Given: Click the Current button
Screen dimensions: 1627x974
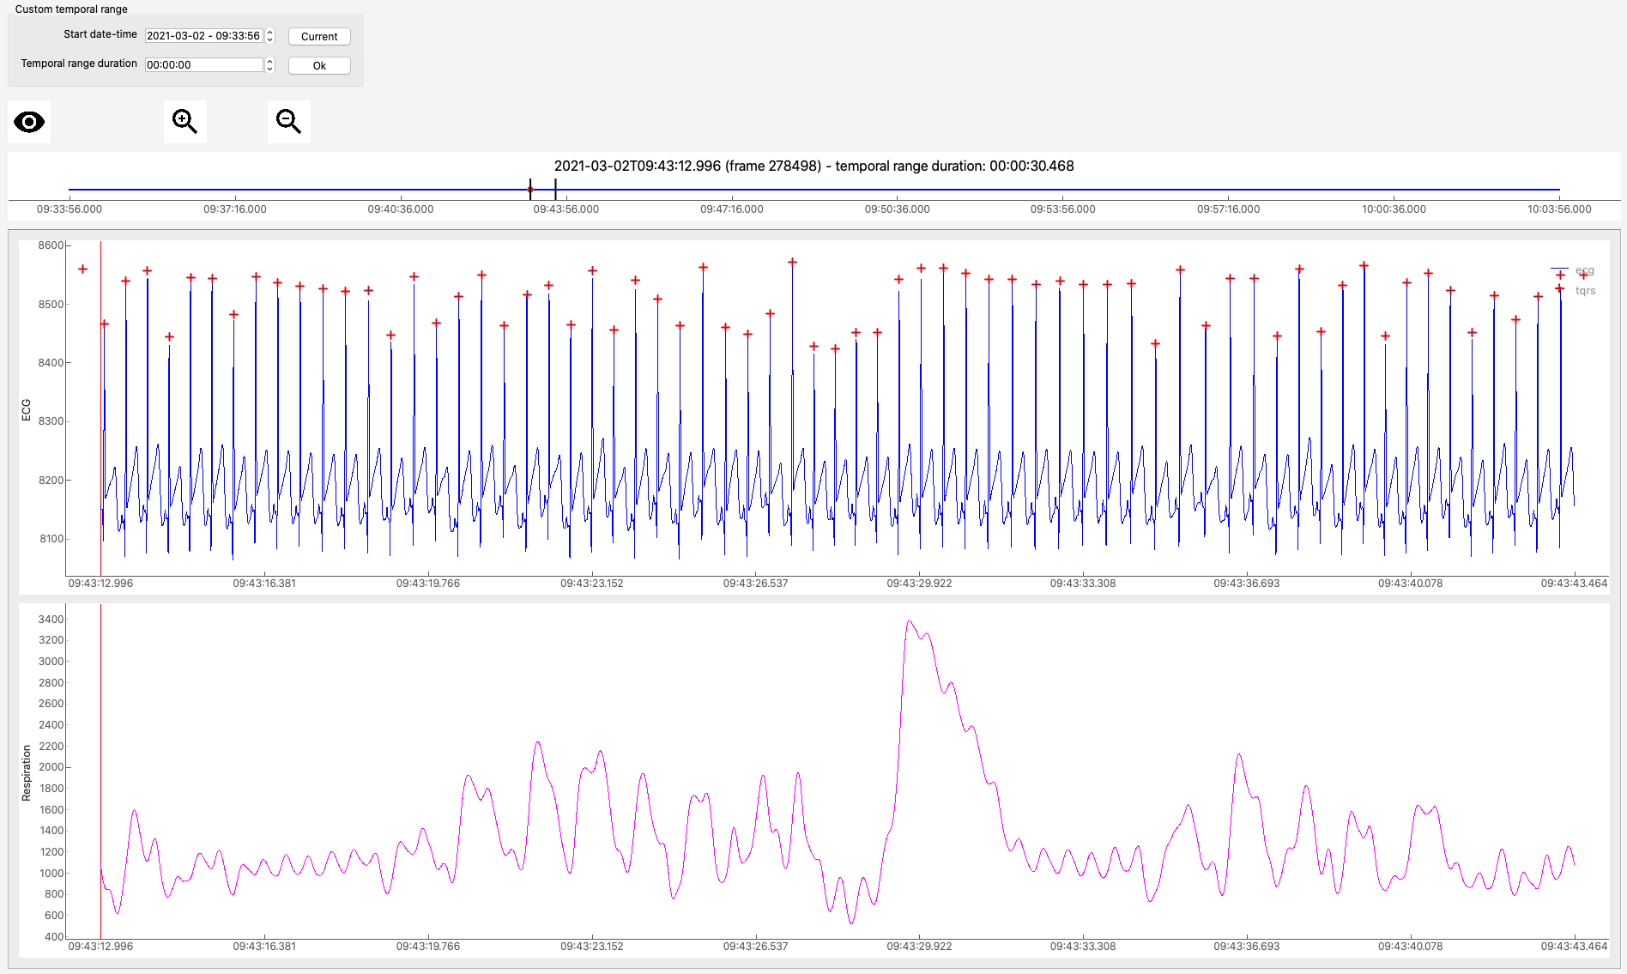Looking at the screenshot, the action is (x=319, y=36).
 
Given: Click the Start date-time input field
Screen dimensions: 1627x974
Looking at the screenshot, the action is (x=203, y=35).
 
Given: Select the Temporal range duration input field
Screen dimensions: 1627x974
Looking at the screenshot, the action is (x=203, y=64).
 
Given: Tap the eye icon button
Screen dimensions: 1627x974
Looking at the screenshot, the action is (x=29, y=122).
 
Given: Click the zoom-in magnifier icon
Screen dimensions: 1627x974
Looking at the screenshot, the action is (x=184, y=122).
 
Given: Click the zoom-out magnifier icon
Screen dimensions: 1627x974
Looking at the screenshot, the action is (x=288, y=122).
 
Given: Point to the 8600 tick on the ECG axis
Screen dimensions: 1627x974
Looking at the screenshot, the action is (x=51, y=245).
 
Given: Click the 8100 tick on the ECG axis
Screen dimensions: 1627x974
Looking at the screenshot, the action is (x=51, y=539).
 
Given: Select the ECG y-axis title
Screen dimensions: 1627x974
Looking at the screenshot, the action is (x=26, y=410).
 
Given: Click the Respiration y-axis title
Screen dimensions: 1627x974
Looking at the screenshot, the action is (x=26, y=773).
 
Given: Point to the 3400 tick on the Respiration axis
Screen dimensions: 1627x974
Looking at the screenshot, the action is (x=51, y=620).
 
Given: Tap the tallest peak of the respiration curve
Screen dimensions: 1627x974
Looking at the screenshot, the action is (x=909, y=620).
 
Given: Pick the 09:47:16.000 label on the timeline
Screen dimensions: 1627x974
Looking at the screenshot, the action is (x=731, y=209).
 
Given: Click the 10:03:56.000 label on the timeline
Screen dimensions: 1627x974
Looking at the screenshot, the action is (x=1559, y=209).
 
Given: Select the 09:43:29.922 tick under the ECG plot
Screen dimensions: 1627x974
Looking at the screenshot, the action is (x=919, y=584).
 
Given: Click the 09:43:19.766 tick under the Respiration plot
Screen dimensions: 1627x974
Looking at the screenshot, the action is (x=428, y=947).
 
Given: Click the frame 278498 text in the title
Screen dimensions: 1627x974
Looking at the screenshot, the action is (x=773, y=166).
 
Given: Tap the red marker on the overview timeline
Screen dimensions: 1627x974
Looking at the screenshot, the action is (x=530, y=190).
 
